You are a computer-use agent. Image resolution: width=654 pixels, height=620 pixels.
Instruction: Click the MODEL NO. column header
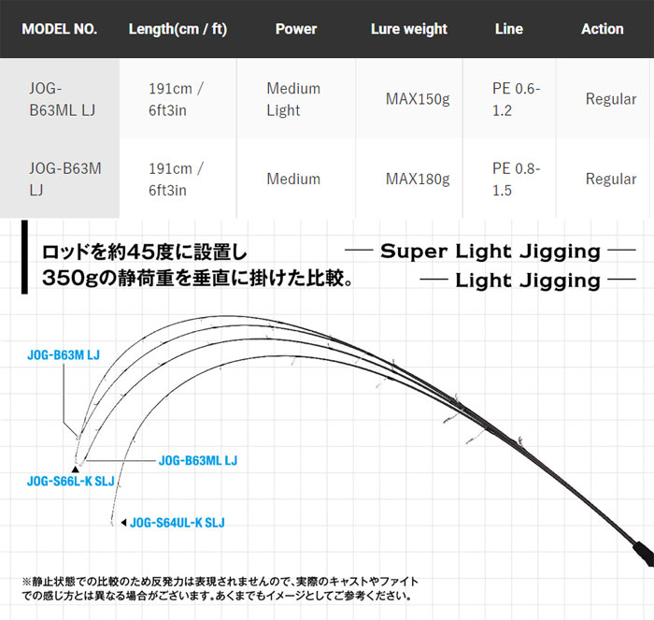pyautogui.click(x=59, y=29)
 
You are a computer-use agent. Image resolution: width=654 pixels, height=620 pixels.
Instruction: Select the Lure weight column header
pyautogui.click(x=409, y=29)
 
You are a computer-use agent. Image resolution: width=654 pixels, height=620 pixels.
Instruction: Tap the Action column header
pyautogui.click(x=603, y=29)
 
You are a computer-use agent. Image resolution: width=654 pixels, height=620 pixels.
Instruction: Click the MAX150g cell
pyautogui.click(x=418, y=99)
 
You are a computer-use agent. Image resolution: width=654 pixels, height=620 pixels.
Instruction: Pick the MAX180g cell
pyautogui.click(x=418, y=180)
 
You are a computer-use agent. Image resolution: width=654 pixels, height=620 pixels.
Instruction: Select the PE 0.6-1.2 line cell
pyautogui.click(x=516, y=99)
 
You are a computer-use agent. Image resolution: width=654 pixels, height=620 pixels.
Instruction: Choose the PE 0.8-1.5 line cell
pyautogui.click(x=516, y=180)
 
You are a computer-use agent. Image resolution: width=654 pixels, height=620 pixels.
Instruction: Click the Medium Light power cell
pyautogui.click(x=293, y=99)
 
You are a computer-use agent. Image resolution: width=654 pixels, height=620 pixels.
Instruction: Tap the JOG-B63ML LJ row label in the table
pyautogui.click(x=63, y=99)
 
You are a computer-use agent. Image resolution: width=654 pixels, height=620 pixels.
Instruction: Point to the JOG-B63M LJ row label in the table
pyautogui.click(x=65, y=180)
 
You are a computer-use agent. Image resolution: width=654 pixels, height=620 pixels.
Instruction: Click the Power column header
pyautogui.click(x=296, y=29)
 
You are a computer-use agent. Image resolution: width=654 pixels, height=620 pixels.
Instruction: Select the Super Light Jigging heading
pyautogui.click(x=490, y=252)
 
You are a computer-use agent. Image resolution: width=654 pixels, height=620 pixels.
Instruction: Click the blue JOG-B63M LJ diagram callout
pyautogui.click(x=64, y=354)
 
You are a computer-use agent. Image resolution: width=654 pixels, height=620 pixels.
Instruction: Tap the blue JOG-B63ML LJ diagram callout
pyautogui.click(x=198, y=460)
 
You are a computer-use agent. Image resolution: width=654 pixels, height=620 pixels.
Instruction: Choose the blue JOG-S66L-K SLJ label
pyautogui.click(x=70, y=481)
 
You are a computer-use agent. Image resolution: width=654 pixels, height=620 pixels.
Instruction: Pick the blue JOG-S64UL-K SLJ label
pyautogui.click(x=178, y=523)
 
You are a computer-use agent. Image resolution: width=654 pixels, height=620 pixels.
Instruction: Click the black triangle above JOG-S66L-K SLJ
pyautogui.click(x=76, y=469)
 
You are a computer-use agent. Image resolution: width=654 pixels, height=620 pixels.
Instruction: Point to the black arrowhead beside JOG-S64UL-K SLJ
pyautogui.click(x=123, y=523)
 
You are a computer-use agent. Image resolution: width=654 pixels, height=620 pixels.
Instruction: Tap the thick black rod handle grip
pyautogui.click(x=643, y=554)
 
